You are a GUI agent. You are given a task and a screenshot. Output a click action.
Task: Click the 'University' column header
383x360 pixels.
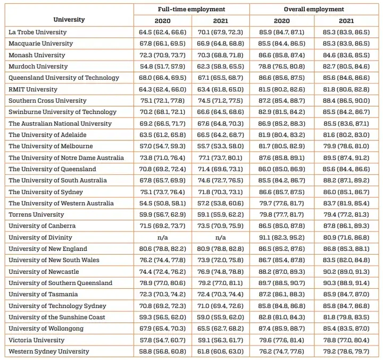pos(69,20)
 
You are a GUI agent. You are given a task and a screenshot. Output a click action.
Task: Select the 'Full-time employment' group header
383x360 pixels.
pos(191,9)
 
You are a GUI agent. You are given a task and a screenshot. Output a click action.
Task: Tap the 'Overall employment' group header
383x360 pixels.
pos(314,9)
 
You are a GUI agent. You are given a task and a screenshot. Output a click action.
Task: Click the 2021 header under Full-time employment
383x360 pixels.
pos(221,21)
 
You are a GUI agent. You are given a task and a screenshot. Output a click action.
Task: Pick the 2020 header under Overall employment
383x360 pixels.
pos(282,21)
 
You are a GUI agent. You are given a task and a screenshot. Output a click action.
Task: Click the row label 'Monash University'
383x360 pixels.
pos(37,55)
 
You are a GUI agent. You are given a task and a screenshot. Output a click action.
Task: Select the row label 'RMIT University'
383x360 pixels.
pos(33,89)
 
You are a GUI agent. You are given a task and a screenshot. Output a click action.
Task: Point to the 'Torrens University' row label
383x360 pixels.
pos(36,214)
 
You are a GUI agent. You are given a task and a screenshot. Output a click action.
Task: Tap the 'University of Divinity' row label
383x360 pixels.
pos(40,237)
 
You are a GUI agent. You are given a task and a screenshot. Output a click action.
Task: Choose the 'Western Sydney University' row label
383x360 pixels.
pos(49,351)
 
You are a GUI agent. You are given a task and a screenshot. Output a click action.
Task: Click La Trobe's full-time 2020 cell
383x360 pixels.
pos(163,32)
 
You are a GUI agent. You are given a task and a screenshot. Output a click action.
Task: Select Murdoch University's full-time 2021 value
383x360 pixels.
pos(221,66)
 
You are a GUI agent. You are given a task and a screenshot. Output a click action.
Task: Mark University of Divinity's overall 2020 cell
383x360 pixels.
pos(282,237)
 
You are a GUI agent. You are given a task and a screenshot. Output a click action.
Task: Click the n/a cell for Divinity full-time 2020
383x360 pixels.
pos(163,237)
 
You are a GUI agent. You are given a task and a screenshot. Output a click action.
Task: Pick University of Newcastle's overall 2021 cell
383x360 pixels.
pos(346,272)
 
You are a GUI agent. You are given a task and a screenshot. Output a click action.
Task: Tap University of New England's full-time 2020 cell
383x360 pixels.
pos(163,249)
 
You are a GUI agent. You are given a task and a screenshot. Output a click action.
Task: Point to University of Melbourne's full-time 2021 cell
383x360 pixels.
pos(221,146)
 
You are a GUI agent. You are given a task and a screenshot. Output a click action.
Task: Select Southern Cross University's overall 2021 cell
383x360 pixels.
pos(346,101)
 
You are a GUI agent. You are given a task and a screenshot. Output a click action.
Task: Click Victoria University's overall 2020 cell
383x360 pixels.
pos(282,340)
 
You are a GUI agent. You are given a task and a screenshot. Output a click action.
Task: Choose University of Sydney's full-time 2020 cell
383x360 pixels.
pos(163,192)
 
